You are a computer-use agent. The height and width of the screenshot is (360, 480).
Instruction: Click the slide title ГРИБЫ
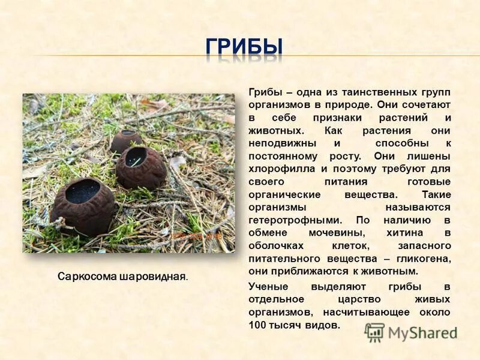(x=244, y=48)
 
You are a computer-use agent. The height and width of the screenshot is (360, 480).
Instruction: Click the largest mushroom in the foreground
(x=82, y=205)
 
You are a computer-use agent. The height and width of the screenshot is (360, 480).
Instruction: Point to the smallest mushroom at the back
(x=126, y=141)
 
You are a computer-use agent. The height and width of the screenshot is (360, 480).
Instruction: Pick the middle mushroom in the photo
(x=141, y=167)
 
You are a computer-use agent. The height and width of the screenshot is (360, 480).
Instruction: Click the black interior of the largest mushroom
(x=82, y=191)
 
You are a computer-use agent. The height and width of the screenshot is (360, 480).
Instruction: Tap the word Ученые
(x=268, y=286)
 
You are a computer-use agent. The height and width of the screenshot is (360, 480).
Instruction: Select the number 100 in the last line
(x=256, y=325)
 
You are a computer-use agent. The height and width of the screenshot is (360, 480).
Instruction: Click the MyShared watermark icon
(x=374, y=332)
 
